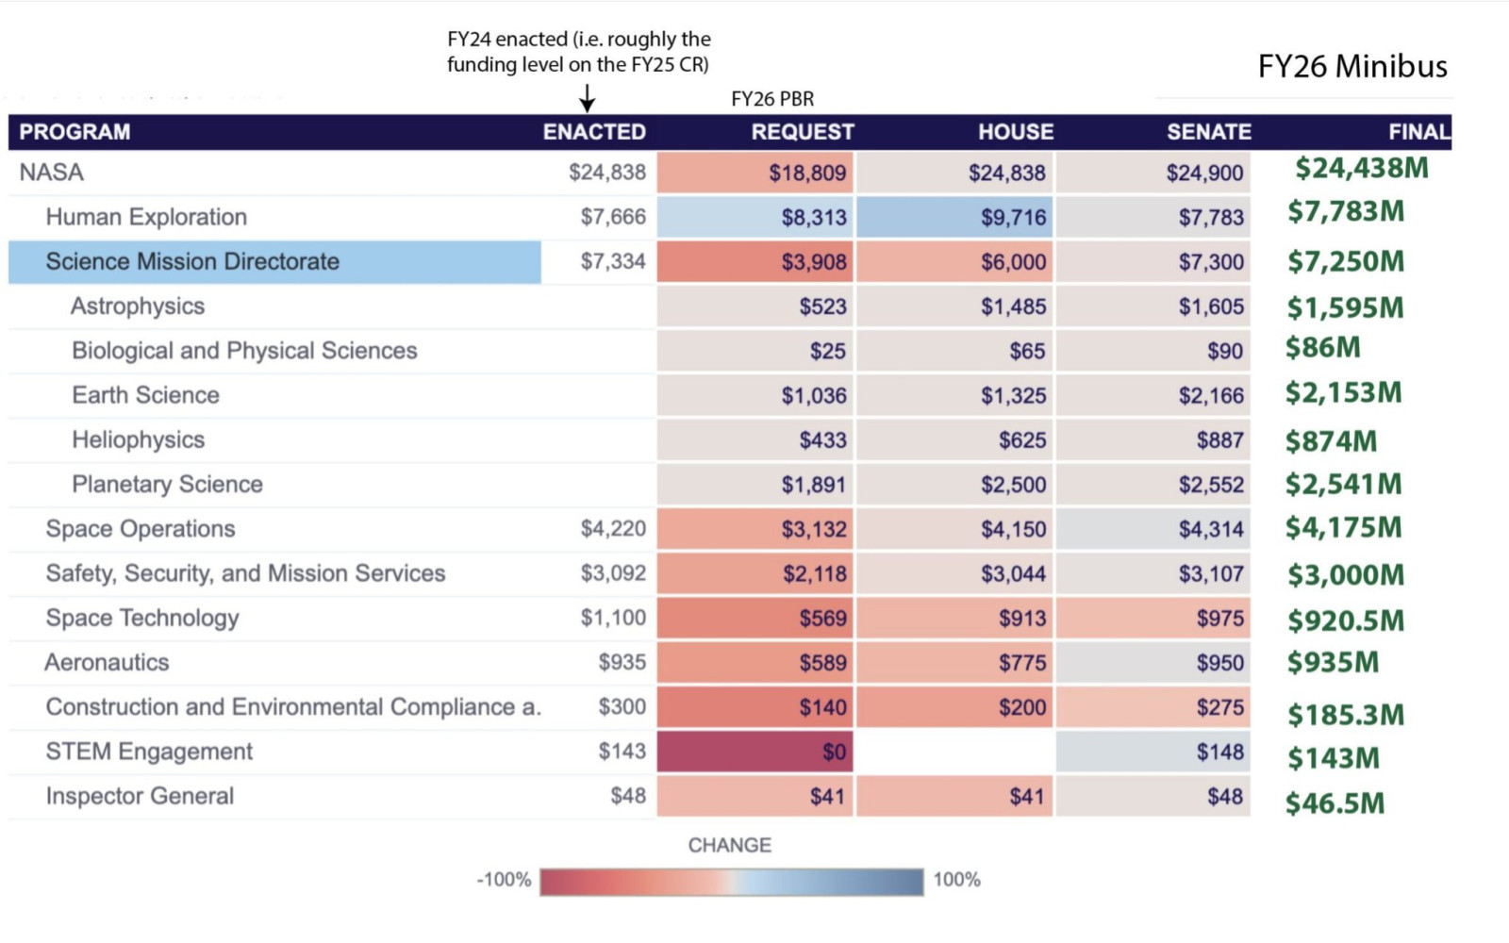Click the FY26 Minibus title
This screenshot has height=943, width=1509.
[1351, 66]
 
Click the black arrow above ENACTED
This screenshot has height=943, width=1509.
[587, 98]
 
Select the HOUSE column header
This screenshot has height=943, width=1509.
[1015, 132]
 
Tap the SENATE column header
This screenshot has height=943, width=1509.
[1208, 132]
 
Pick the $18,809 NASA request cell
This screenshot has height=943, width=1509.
[756, 173]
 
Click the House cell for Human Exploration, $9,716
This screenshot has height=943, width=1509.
[955, 218]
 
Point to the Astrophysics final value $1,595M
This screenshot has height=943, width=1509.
[1345, 307]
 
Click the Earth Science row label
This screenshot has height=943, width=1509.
[145, 395]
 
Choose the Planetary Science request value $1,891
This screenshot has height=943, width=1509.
[813, 485]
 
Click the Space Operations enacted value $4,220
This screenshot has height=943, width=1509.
[613, 529]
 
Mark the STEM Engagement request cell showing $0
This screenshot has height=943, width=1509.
[756, 753]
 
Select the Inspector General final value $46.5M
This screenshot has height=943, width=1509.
[1335, 803]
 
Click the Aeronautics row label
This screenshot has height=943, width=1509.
[107, 663]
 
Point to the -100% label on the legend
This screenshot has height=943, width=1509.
[504, 880]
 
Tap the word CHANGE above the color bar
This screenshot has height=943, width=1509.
[729, 845]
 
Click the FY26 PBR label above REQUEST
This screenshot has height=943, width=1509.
[772, 99]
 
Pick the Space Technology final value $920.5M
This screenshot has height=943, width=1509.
[1346, 620]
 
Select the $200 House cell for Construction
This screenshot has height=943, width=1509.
[955, 707]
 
